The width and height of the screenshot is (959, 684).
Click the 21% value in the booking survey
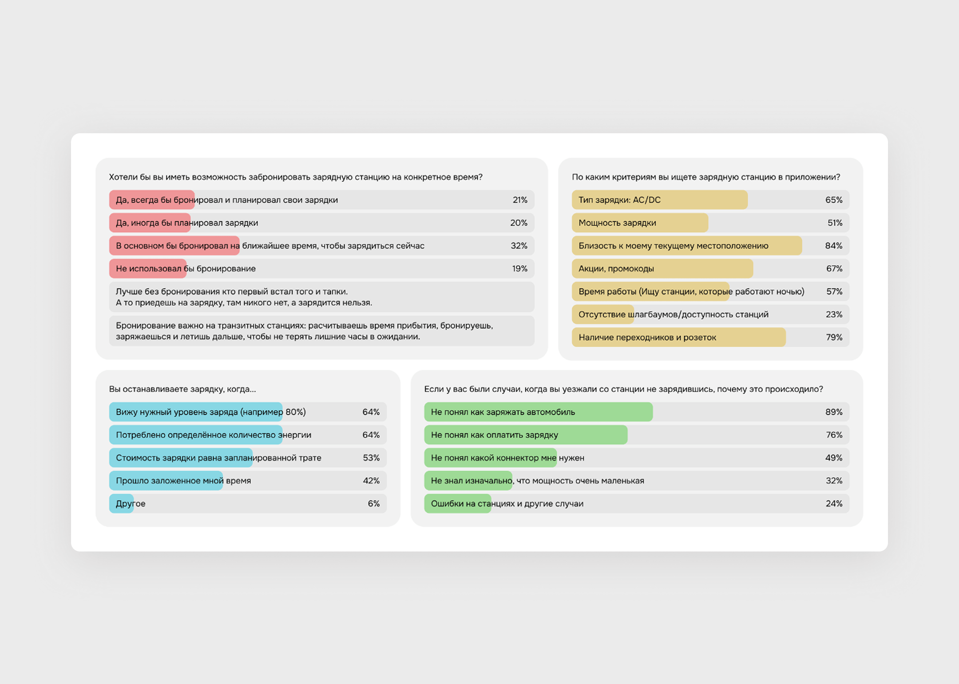(520, 200)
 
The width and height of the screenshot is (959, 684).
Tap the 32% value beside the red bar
(519, 246)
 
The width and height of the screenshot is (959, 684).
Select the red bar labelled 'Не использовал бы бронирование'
(148, 269)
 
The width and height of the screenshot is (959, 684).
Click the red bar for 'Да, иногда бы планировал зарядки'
(150, 223)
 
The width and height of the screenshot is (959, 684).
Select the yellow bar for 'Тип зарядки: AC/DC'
(659, 200)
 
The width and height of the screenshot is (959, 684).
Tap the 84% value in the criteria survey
(833, 246)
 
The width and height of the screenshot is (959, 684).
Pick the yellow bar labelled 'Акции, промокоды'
(662, 269)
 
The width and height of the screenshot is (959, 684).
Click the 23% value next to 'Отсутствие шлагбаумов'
(834, 314)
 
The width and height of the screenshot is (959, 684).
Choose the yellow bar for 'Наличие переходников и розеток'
(678, 338)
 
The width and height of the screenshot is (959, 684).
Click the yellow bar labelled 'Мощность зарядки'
(640, 223)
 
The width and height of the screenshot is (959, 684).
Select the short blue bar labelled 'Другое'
(122, 504)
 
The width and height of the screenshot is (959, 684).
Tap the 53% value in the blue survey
(371, 458)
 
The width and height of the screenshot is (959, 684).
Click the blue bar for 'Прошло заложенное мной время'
(166, 481)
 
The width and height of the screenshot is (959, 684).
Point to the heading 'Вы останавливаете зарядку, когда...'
(182, 389)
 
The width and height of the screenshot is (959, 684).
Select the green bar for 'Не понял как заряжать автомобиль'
(538, 412)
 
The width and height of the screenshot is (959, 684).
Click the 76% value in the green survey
(834, 435)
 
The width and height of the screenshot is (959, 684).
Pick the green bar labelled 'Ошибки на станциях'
(458, 504)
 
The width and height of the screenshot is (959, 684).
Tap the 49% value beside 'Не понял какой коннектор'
(833, 458)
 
